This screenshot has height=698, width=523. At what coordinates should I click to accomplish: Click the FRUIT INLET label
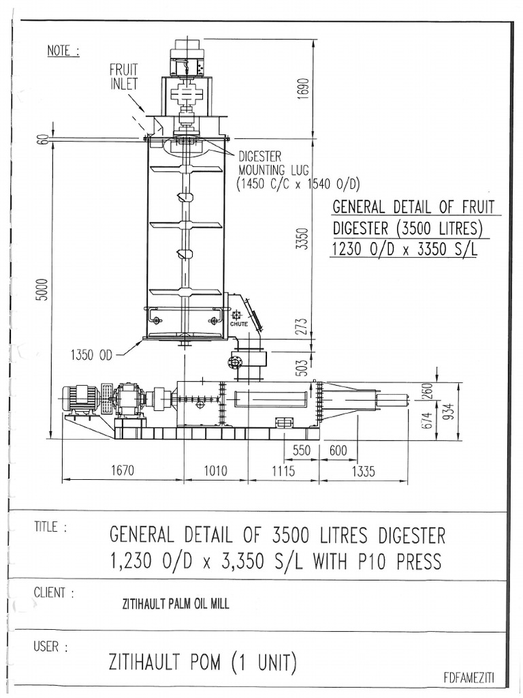123,76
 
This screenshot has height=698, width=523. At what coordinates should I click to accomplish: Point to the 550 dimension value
301,451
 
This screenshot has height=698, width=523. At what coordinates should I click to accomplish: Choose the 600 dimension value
338,451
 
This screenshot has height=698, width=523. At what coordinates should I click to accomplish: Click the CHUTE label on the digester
238,324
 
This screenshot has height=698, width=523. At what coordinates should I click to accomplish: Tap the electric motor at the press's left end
80,399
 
